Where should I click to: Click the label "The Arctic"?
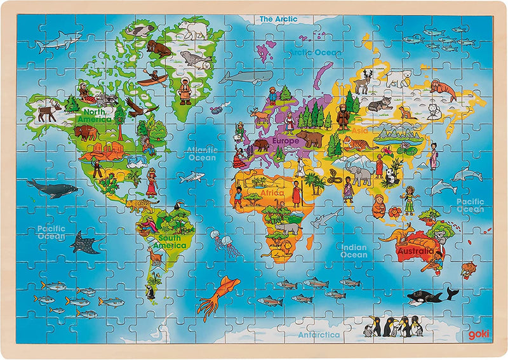pos(278,19)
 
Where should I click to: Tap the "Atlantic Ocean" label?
pos(201,154)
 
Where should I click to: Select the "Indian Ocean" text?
pos(354,251)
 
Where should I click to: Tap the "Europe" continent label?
pos(285,140)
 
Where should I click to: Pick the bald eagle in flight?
pos(140,107)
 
